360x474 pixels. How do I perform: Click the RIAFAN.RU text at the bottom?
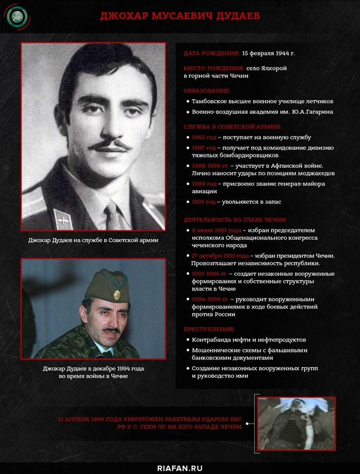[x=179, y=467]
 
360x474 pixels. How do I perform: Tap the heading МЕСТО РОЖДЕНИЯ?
[x=213, y=68]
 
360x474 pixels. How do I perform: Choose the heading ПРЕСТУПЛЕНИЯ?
[x=209, y=328]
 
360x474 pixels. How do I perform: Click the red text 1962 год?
[x=203, y=137]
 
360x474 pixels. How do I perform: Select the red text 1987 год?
[x=203, y=148]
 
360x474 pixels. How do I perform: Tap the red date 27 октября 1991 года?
[x=220, y=256]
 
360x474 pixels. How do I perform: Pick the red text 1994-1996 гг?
[x=209, y=299]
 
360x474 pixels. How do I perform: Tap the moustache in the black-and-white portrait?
[x=110, y=146]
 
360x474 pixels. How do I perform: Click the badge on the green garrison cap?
[x=116, y=295]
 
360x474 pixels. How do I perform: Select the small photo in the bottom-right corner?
[x=296, y=423]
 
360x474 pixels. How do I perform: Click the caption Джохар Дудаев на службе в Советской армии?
[x=93, y=240]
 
